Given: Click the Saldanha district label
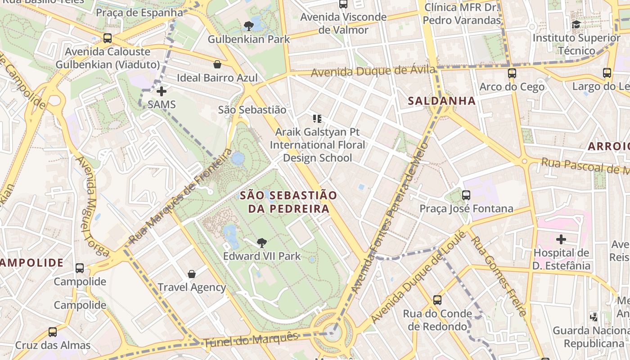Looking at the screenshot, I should tap(441, 101).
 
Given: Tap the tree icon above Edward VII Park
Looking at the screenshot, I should tap(261, 243).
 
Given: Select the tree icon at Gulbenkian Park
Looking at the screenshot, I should tap(248, 26).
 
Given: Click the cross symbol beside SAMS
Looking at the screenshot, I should tap(162, 91).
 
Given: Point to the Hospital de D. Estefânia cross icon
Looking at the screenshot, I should tap(561, 239).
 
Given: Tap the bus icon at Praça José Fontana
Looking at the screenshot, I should tap(466, 195).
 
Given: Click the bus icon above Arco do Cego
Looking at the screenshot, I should tap(512, 73).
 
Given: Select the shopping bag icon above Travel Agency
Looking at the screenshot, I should tap(192, 274).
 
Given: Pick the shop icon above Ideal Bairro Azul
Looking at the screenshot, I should tap(217, 64).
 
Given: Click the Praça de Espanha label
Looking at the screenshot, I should tap(139, 12).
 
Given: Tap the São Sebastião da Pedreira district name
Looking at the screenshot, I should tap(288, 202).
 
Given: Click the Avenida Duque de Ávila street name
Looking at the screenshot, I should tap(373, 71).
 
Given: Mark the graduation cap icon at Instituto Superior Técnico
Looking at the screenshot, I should tap(576, 24).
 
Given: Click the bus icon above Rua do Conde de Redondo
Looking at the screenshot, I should tap(437, 300).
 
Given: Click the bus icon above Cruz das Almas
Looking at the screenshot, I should tap(53, 332).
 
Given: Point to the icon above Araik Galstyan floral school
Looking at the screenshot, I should tap(317, 119).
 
